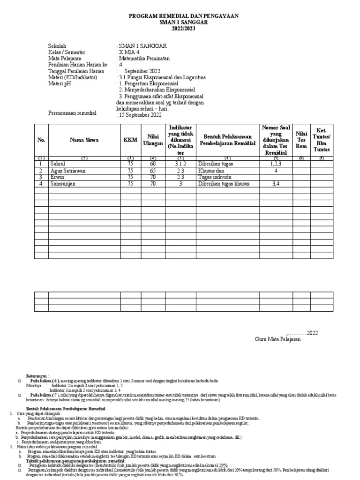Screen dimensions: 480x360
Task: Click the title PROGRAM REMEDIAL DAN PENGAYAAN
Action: click(183, 16)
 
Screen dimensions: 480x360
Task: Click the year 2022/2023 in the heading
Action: click(183, 29)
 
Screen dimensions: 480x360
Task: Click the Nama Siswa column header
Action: click(84, 140)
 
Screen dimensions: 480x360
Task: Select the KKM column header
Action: click(128, 140)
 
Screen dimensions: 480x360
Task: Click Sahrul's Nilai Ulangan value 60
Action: click(152, 164)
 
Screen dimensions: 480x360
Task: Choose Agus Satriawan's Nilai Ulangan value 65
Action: click(152, 171)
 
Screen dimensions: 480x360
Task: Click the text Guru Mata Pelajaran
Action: click(277, 339)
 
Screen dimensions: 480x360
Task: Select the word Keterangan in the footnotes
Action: click(37, 376)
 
